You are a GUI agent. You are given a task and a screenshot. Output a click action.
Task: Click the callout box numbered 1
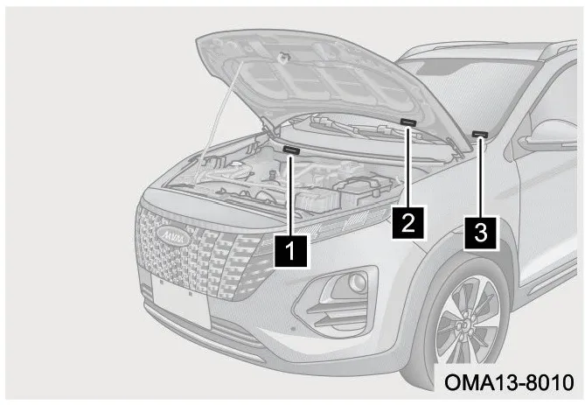click(290, 251)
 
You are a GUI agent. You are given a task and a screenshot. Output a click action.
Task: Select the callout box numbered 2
click(407, 223)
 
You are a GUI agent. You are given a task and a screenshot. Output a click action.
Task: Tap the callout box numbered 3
click(481, 232)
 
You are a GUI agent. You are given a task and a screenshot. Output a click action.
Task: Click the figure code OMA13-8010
click(509, 383)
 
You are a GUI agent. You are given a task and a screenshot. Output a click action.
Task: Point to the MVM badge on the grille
click(174, 235)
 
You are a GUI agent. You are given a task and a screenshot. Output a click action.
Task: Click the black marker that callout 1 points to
click(291, 150)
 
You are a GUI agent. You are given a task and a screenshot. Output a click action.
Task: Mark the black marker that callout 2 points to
click(408, 122)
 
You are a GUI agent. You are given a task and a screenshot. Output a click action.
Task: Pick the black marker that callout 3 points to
click(480, 134)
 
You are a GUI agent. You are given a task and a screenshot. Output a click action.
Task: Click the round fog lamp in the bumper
click(358, 283)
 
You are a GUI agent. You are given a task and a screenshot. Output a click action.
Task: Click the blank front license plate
click(181, 300)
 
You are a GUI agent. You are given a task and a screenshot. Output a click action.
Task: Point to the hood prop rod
click(219, 122)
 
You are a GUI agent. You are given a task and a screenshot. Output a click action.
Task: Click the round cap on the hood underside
click(283, 57)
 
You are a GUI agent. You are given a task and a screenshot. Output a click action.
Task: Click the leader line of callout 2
click(408, 167)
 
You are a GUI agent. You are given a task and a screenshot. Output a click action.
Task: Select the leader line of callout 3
click(481, 177)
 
